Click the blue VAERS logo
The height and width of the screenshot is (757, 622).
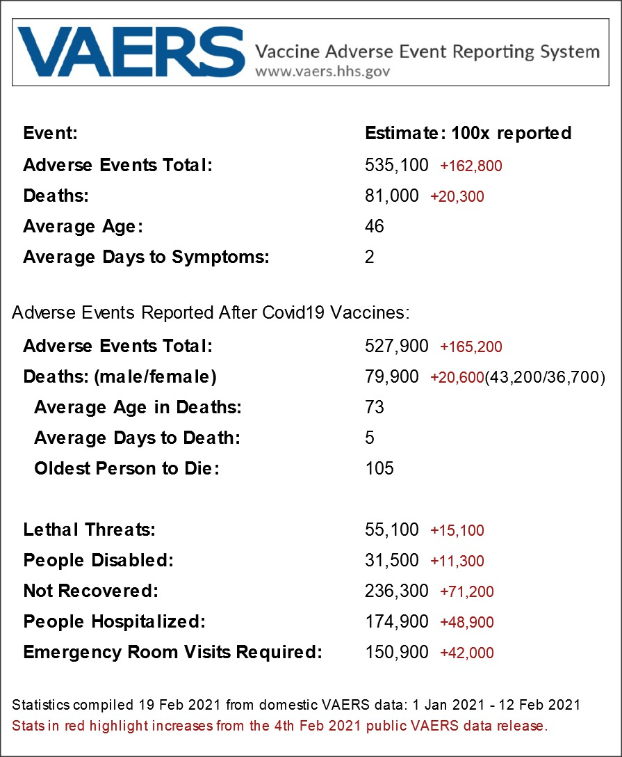(131, 52)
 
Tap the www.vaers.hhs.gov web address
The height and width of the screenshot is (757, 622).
(322, 71)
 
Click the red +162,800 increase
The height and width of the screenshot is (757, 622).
(470, 166)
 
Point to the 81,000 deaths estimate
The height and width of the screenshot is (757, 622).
(392, 196)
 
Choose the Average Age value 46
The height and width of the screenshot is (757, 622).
(375, 227)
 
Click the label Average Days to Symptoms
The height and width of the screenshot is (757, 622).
(146, 257)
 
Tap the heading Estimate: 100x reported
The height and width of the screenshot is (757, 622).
(468, 133)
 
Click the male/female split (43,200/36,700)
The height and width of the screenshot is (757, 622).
(545, 377)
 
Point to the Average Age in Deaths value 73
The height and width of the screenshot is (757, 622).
(375, 407)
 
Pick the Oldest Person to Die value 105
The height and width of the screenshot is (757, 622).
(379, 468)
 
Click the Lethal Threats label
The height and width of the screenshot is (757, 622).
(89, 529)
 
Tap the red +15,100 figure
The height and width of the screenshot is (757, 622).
(457, 531)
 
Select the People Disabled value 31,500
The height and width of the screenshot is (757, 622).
(392, 560)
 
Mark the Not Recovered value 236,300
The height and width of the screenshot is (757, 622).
(397, 591)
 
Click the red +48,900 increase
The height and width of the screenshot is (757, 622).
(466, 623)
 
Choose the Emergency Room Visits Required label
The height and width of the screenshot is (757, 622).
(172, 653)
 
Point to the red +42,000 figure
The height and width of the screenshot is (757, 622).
(466, 653)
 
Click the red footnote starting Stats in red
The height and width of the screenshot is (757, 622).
(280, 726)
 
